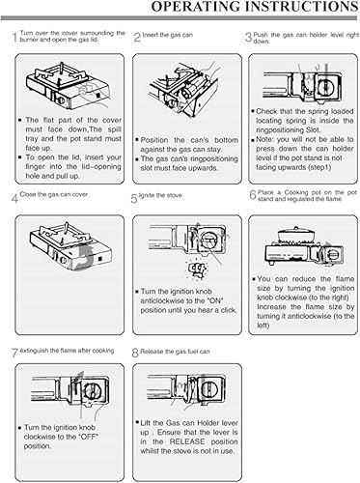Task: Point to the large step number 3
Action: pos(248,39)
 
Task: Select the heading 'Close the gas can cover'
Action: pos(56,197)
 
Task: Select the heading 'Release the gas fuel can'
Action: pos(182,351)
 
